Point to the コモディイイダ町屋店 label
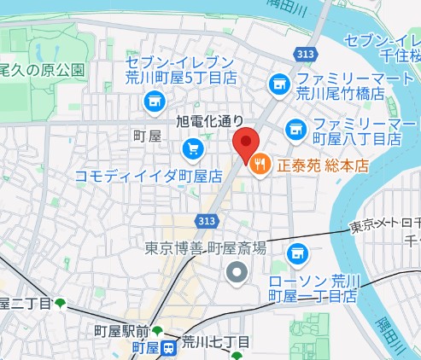pos(149,176)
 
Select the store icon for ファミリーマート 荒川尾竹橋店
pos(277,84)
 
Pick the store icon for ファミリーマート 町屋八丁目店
pos(295,129)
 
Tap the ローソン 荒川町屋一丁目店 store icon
pos(297,253)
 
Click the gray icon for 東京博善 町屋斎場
pos(237,273)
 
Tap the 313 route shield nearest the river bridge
pos(298,54)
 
